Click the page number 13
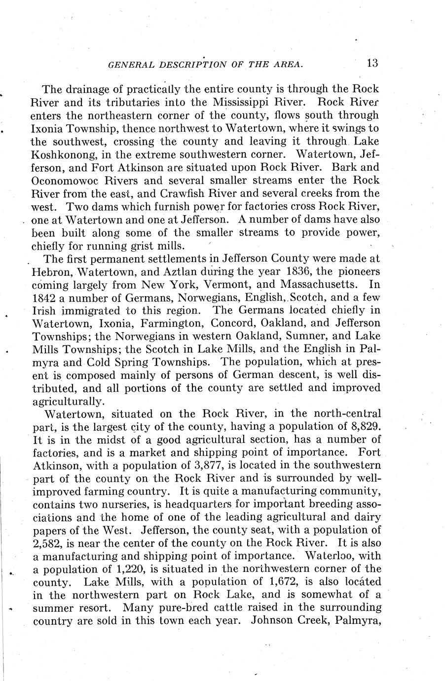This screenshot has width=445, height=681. (x=372, y=63)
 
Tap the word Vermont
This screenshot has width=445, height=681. (x=222, y=284)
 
